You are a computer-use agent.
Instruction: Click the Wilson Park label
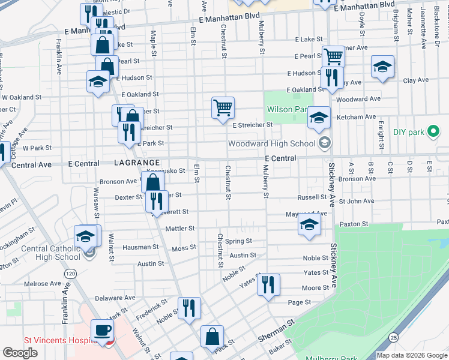click(287, 109)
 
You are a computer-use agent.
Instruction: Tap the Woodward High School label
click(271, 143)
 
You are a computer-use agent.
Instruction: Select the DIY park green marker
click(432, 132)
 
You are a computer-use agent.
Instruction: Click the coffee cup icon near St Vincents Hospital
click(102, 330)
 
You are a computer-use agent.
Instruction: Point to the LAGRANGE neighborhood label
click(137, 163)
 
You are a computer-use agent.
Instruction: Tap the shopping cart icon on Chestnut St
click(223, 108)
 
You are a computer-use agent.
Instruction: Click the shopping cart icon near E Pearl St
click(333, 57)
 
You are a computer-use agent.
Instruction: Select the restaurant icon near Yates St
click(268, 283)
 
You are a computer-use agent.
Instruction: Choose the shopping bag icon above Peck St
click(212, 336)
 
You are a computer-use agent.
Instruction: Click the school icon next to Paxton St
click(309, 225)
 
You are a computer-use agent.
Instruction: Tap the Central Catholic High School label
click(50, 253)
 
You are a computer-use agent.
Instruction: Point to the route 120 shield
click(71, 274)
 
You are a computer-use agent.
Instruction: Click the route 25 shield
click(393, 338)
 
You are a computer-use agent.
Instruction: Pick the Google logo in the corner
click(20, 353)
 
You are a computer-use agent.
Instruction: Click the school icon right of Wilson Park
click(319, 118)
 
